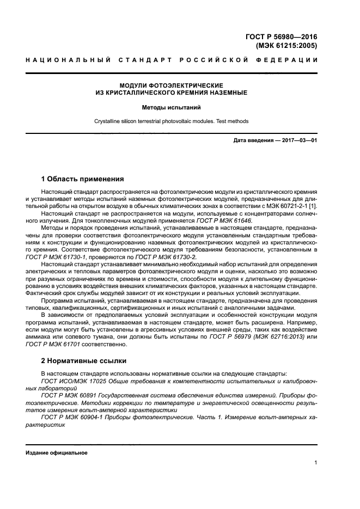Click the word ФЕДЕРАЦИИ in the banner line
pos(290,59)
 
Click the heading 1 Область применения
pos(82,179)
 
